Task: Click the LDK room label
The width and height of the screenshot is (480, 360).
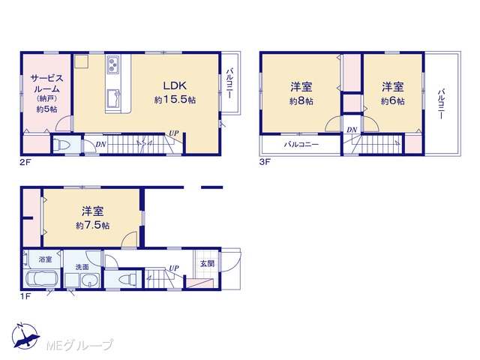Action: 175,85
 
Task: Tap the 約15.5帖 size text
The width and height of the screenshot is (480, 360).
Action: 175,100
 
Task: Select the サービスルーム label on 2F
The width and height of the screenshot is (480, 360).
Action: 46,83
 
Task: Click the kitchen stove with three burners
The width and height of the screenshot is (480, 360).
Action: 113,64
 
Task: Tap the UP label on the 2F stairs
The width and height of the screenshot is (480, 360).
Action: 173,133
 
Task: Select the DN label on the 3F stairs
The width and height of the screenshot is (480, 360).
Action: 352,130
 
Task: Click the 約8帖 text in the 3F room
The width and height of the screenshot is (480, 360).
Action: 301,101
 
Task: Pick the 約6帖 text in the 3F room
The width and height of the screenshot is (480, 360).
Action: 392,101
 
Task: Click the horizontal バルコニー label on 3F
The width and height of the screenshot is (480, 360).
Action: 301,145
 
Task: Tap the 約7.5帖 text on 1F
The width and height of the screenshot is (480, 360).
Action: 92,225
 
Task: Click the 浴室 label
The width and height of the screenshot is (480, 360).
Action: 45,259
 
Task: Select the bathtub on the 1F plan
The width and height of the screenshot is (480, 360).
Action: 42,278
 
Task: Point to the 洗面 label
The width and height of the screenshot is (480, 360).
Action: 82,267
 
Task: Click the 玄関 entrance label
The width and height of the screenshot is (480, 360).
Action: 207,263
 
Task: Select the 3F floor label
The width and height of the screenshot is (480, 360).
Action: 265,162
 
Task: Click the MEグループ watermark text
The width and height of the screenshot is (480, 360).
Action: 79,346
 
